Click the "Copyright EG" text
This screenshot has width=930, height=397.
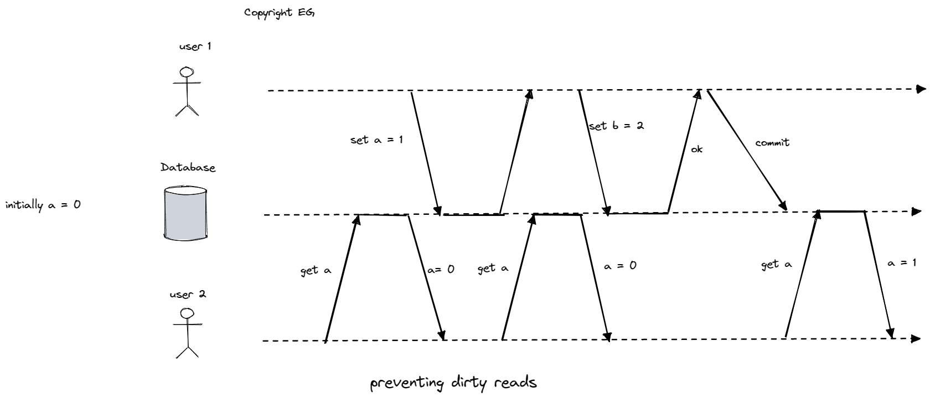pyautogui.click(x=279, y=13)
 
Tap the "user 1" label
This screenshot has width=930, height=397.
pyautogui.click(x=195, y=47)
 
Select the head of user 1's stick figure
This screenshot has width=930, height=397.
pyautogui.click(x=188, y=72)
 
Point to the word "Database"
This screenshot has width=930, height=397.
pyautogui.click(x=188, y=167)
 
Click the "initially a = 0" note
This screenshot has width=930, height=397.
pyautogui.click(x=43, y=205)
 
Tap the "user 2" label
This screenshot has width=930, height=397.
pyautogui.click(x=188, y=294)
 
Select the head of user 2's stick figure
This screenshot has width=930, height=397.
pyautogui.click(x=188, y=314)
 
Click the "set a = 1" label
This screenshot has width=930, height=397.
pyautogui.click(x=376, y=140)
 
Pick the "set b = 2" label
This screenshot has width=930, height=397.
pyautogui.click(x=616, y=126)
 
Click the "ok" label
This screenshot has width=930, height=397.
pyautogui.click(x=696, y=149)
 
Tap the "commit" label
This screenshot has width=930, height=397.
pyautogui.click(x=772, y=143)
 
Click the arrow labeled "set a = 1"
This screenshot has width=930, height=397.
pyautogui.click(x=425, y=152)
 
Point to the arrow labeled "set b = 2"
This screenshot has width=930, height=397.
pyautogui.click(x=594, y=152)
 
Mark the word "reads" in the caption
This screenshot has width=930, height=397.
pyautogui.click(x=514, y=383)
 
